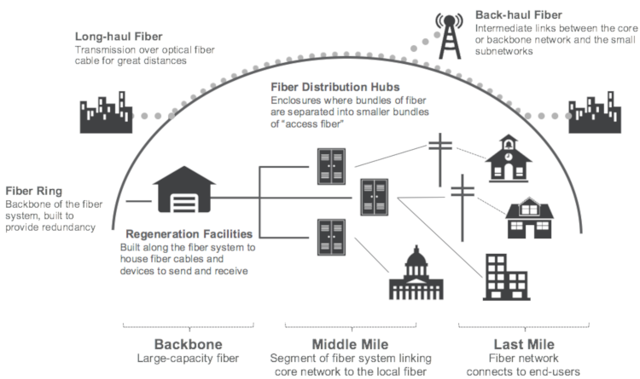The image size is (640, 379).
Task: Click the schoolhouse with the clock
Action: [507, 160]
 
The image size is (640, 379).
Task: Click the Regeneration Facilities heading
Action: [189, 233]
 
